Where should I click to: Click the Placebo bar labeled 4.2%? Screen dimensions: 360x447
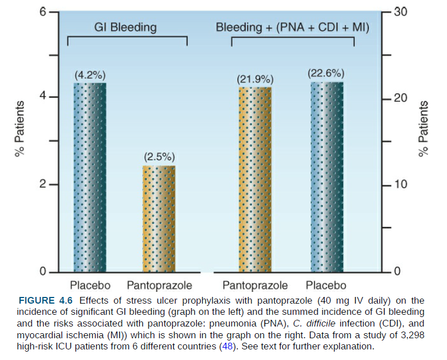click(90, 177)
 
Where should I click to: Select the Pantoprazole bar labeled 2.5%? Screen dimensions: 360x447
click(159, 219)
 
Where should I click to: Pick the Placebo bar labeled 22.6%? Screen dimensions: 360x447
click(327, 177)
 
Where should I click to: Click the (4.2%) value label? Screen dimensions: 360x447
click(90, 75)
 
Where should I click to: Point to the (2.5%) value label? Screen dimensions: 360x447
click(159, 156)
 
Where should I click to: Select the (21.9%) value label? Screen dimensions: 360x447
click(255, 79)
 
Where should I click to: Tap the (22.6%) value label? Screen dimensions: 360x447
click(326, 73)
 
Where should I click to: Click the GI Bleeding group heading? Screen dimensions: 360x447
click(125, 27)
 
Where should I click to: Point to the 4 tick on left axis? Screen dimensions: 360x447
click(42, 97)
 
